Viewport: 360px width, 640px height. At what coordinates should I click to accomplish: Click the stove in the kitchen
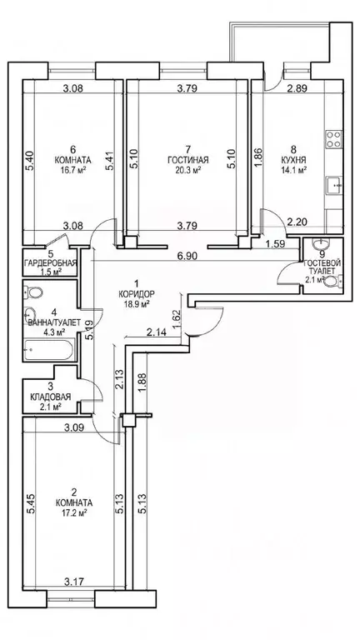[x=333, y=139]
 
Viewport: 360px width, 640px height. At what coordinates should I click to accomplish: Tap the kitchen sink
[x=334, y=185]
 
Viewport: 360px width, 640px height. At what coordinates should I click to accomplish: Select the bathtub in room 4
[x=49, y=349]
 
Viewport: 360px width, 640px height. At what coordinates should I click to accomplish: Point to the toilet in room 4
[x=33, y=292]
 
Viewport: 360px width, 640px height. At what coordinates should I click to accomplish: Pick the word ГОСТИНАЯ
[x=188, y=160]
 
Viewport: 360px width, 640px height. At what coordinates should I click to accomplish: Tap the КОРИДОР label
[x=137, y=293]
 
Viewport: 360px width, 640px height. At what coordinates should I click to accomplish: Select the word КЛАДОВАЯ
[x=51, y=397]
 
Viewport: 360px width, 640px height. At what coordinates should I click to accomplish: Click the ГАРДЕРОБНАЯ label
[x=51, y=262]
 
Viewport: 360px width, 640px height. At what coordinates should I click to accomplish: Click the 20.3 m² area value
[x=188, y=170]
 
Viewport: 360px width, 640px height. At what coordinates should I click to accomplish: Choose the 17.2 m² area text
[x=74, y=512]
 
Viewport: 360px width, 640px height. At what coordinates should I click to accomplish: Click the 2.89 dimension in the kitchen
[x=297, y=87]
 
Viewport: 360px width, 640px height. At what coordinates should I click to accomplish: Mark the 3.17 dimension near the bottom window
[x=74, y=580]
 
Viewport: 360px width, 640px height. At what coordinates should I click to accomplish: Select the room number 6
[x=73, y=148]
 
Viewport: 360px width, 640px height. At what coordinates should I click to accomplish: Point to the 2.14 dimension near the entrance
[x=156, y=332]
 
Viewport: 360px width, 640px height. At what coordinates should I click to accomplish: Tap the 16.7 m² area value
[x=73, y=170]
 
